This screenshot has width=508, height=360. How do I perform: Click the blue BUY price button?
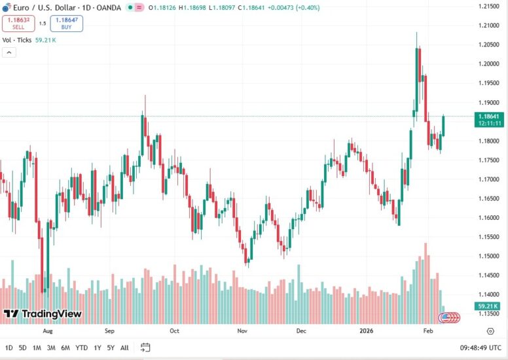(x=67, y=24)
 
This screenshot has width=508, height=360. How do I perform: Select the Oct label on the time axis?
(x=174, y=331)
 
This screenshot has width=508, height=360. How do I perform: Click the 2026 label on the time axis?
(x=366, y=331)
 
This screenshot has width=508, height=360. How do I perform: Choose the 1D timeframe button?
(x=9, y=348)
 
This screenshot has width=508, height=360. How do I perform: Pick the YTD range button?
(x=82, y=348)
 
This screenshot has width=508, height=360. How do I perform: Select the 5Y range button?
(x=111, y=348)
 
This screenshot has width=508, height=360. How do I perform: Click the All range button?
(x=124, y=348)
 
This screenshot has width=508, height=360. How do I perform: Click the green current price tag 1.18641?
(x=489, y=116)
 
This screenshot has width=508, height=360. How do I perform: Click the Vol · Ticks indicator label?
(x=18, y=40)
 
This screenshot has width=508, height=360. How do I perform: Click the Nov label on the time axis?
(x=242, y=331)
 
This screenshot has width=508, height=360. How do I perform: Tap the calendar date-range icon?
(x=145, y=348)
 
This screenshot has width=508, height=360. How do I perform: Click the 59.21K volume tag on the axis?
(x=489, y=306)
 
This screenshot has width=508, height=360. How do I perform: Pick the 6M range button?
(x=65, y=348)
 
